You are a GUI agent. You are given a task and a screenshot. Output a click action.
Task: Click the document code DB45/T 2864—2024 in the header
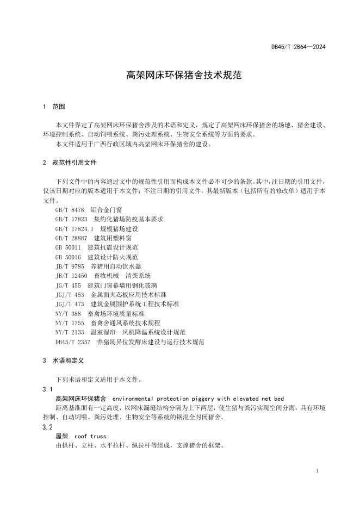pos(298,47)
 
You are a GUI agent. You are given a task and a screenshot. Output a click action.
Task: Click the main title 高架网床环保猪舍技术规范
pos(180,75)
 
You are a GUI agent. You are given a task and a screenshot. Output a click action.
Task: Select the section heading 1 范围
pos(54,106)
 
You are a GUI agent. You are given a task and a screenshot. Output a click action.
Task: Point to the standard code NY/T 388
pos(68,314)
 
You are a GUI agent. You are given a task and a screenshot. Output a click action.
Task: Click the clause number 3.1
pos(47,389)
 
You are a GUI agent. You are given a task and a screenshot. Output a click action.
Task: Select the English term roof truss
pos(90,437)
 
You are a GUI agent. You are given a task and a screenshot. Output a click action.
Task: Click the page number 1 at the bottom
pos(317,471)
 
